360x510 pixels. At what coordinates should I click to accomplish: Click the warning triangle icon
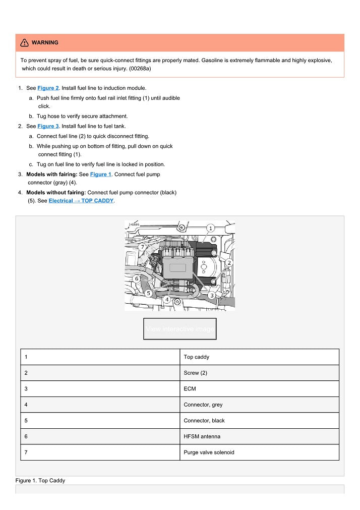click(x=24, y=43)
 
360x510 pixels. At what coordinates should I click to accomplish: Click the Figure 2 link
click(x=48, y=88)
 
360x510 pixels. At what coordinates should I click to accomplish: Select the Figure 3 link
click(x=48, y=126)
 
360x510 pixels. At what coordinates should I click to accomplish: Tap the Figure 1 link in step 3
click(x=100, y=175)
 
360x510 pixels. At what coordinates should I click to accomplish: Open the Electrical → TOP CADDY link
click(x=81, y=201)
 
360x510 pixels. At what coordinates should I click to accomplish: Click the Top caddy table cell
click(x=259, y=357)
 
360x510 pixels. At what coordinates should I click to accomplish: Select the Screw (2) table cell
click(x=259, y=373)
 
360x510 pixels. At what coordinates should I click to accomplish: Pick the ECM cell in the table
click(x=259, y=389)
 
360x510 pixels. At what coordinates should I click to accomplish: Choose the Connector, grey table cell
click(x=259, y=405)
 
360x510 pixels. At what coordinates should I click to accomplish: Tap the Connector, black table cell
click(x=259, y=421)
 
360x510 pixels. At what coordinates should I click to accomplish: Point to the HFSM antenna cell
click(x=259, y=436)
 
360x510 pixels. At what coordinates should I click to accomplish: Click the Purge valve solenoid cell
click(x=259, y=452)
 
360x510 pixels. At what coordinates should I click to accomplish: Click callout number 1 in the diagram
click(x=210, y=229)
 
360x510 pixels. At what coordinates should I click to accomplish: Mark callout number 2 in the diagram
click(x=228, y=263)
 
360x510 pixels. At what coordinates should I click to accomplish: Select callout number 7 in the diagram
click(x=143, y=247)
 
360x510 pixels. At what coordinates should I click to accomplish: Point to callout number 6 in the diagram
click(x=136, y=278)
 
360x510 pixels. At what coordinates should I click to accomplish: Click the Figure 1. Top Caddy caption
click(x=40, y=481)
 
